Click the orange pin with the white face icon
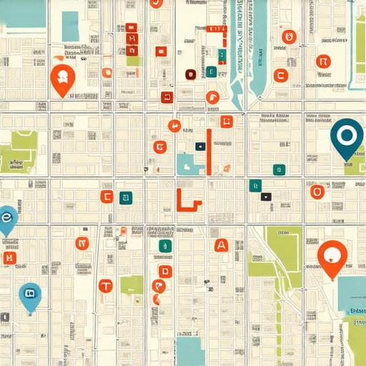[62, 78]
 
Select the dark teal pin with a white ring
[347, 136]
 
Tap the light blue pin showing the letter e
[6, 217]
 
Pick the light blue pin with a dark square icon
[29, 293]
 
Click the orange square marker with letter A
[221, 245]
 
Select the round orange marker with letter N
[81, 243]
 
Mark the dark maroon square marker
[190, 74]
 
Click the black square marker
[266, 196]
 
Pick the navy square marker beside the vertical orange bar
[200, 146]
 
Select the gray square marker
[5, 317]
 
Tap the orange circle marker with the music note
[174, 127]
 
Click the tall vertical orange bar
[208, 152]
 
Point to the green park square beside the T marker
[132, 285]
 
